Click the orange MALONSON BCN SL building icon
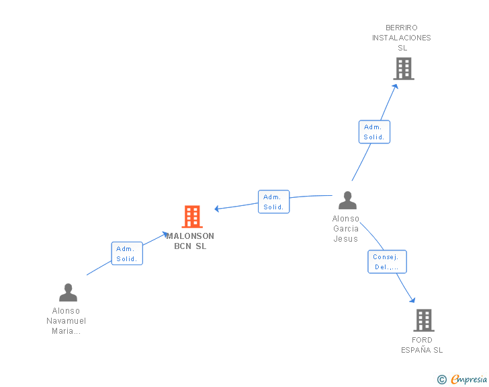[192, 216]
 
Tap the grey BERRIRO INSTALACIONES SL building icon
[404, 69]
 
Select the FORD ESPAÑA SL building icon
[424, 320]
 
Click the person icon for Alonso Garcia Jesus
[347, 200]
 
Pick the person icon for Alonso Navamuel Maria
[68, 292]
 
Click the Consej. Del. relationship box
[387, 262]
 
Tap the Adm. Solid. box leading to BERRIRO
[374, 132]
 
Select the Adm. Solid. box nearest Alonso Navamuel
[127, 254]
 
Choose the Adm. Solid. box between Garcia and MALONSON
[274, 202]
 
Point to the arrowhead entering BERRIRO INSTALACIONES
[396, 87]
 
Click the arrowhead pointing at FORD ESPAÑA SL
[412, 300]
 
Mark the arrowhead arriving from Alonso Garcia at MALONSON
[217, 209]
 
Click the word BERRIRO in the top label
[402, 28]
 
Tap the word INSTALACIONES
[402, 38]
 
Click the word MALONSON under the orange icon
[190, 236]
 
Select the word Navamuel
[66, 321]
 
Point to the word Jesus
[345, 239]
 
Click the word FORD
[422, 340]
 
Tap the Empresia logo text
[469, 380]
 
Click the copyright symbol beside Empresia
[441, 380]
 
